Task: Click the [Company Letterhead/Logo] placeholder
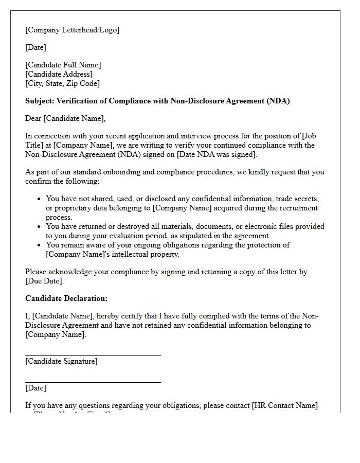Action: click(x=72, y=30)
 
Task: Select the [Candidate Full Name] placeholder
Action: click(x=63, y=65)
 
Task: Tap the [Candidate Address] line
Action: click(x=59, y=74)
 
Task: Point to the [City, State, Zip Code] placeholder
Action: click(x=62, y=83)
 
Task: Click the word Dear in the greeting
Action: click(x=33, y=118)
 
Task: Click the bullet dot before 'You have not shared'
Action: click(x=40, y=199)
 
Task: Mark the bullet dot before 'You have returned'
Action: click(x=40, y=227)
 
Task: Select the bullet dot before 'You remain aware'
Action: click(x=40, y=245)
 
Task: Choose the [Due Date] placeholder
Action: click(x=44, y=281)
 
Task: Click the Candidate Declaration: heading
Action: click(x=66, y=298)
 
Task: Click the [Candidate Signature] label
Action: click(x=61, y=361)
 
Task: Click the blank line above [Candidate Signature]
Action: click(x=93, y=354)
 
